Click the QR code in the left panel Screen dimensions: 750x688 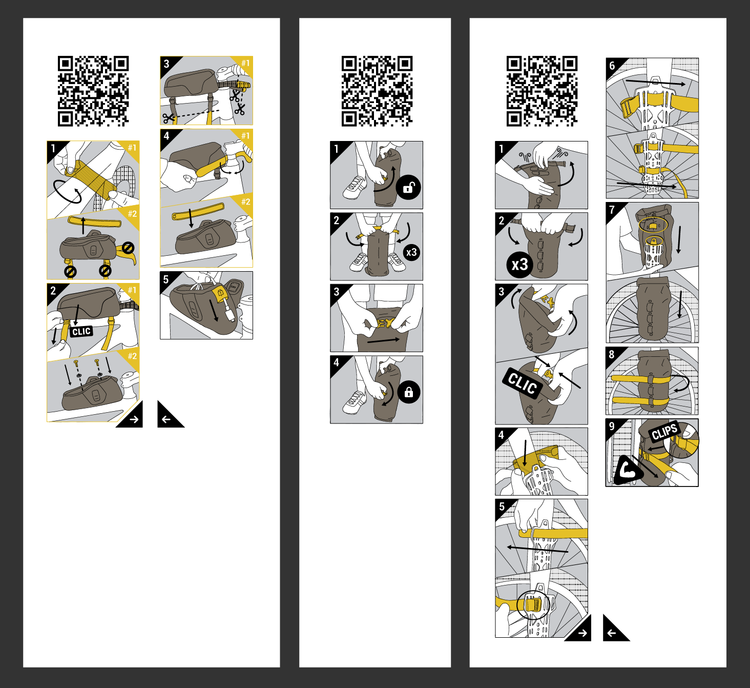(x=93, y=91)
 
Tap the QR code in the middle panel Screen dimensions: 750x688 (x=377, y=91)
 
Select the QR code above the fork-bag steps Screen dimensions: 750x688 (x=541, y=91)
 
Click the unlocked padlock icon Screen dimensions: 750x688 (x=408, y=187)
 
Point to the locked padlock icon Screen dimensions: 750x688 (x=409, y=392)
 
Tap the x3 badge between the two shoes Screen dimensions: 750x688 (x=411, y=252)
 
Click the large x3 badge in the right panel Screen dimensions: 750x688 (x=519, y=265)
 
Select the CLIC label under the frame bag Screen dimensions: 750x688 (x=81, y=331)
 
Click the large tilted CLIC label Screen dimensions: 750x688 (x=523, y=383)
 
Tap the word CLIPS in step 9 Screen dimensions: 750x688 (x=664, y=431)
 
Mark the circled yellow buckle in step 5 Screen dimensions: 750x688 (x=533, y=604)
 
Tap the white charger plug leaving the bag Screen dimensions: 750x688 (x=230, y=311)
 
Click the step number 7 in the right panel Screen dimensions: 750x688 (x=612, y=209)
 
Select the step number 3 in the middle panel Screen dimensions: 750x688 (x=337, y=292)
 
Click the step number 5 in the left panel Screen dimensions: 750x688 (x=166, y=279)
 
